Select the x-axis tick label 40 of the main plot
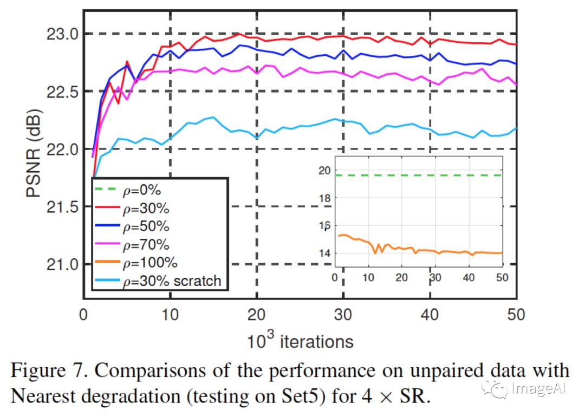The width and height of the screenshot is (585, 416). (430, 315)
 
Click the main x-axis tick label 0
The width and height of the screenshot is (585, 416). (83, 315)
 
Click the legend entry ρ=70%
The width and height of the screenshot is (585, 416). (146, 244)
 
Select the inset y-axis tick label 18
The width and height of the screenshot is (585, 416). (323, 198)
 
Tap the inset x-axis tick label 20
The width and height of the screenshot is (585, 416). (401, 277)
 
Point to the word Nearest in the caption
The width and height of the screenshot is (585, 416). (44, 395)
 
